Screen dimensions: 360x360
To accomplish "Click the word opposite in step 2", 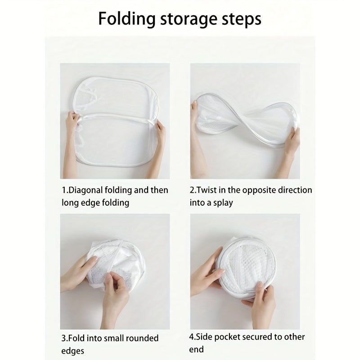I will click(257, 190).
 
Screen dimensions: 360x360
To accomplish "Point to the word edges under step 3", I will click(72, 350).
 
